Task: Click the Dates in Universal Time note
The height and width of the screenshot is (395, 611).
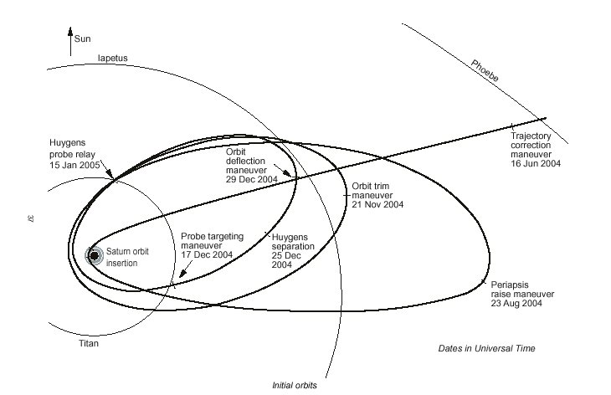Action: pyautogui.click(x=486, y=347)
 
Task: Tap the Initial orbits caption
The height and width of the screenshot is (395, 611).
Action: pyautogui.click(x=294, y=386)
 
